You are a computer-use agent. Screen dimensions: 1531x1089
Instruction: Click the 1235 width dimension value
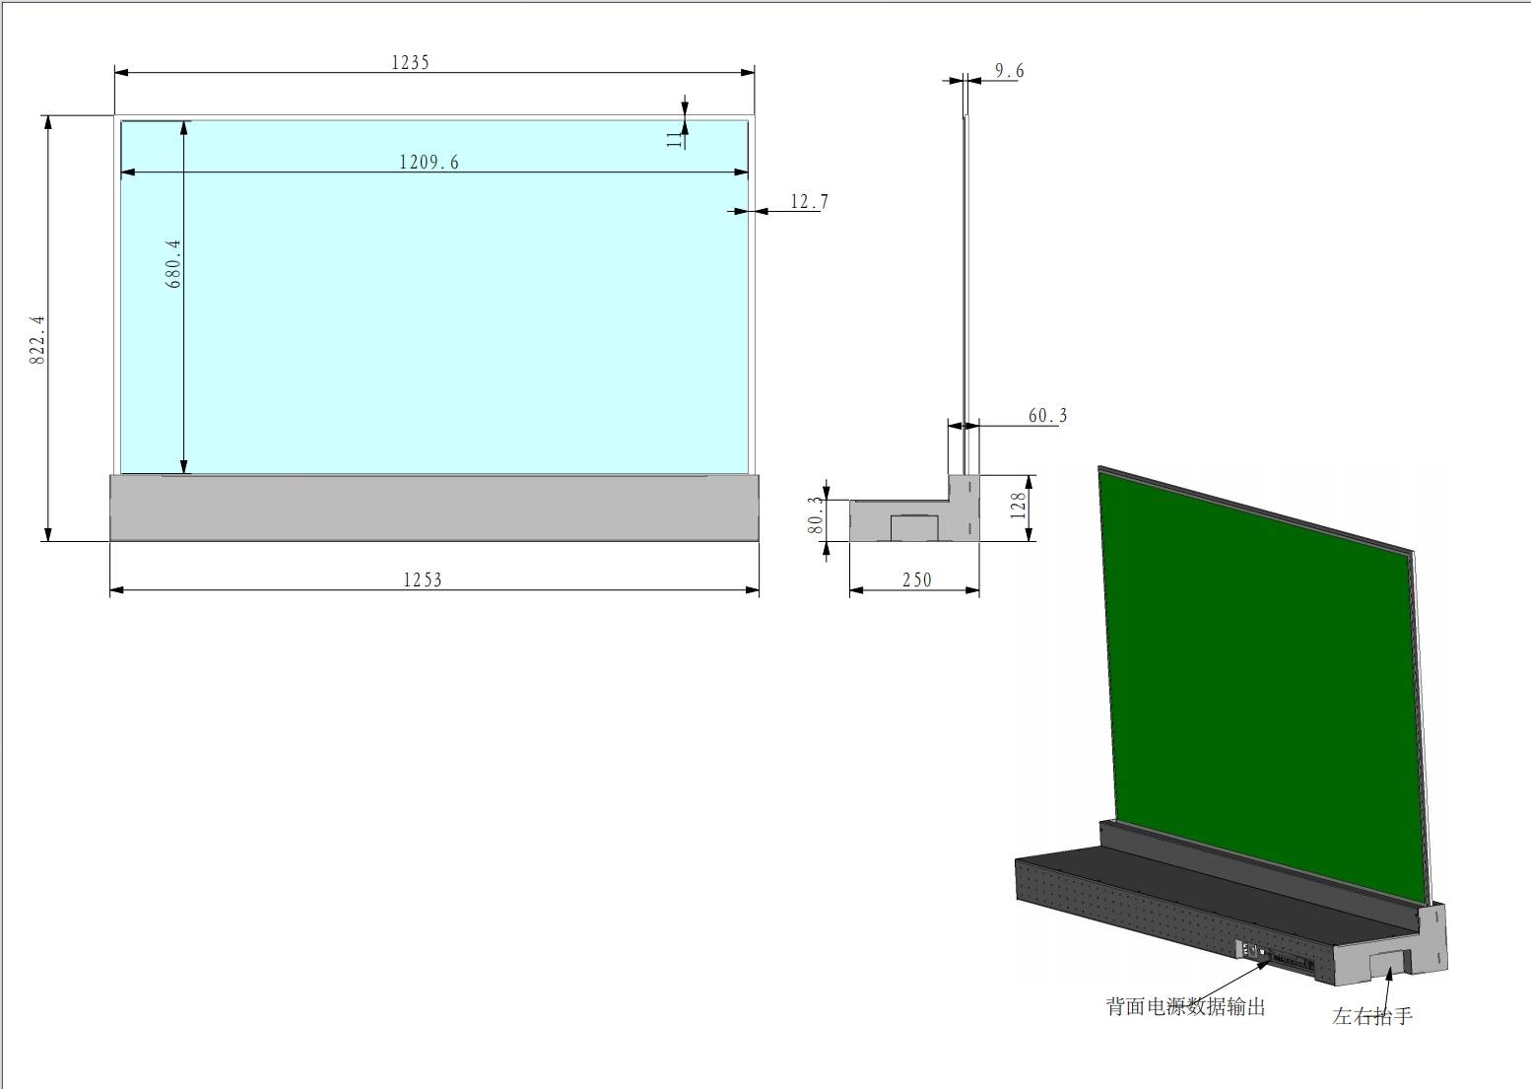tap(410, 63)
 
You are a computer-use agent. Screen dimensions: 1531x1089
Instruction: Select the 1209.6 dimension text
tap(430, 163)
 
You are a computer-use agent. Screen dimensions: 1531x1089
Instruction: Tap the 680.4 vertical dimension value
tap(173, 263)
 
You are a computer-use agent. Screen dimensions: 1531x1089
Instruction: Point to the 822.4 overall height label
tap(36, 339)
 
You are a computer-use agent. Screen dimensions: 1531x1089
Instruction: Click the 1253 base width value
tap(423, 580)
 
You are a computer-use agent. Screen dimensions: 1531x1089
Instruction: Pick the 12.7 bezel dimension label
tap(809, 202)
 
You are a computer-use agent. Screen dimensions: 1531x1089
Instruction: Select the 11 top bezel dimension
tap(675, 140)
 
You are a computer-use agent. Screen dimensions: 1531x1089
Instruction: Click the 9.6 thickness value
tap(1010, 71)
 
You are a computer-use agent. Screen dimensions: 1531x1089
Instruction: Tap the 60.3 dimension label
tap(1048, 416)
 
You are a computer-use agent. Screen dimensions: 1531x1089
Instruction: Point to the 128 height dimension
tap(1019, 506)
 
